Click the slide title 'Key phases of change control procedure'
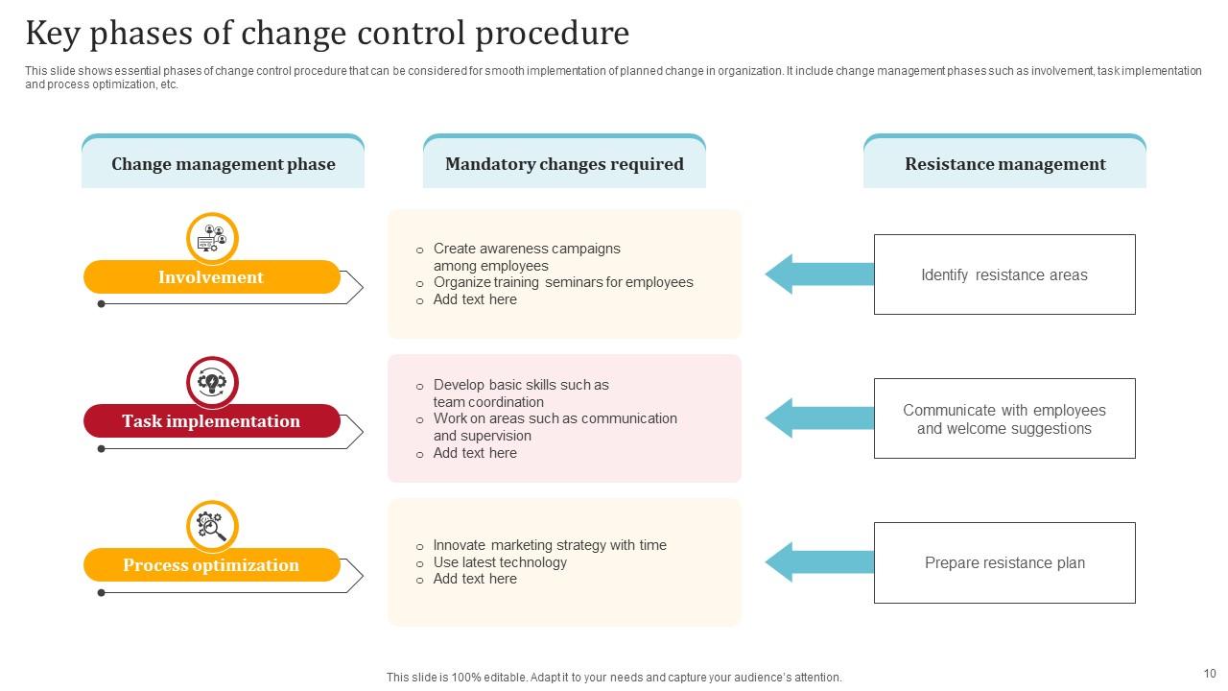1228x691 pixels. point(327,34)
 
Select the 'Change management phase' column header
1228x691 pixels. point(223,164)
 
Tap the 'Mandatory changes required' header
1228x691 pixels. point(564,164)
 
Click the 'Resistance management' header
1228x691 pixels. point(1004,164)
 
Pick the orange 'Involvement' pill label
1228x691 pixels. point(211,277)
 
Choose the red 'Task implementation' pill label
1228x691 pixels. point(211,421)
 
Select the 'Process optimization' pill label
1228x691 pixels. point(211,565)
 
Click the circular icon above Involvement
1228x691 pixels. point(212,238)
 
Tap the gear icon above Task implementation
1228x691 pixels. point(212,383)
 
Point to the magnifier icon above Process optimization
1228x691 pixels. point(212,526)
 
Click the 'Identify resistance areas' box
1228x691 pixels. point(1004,274)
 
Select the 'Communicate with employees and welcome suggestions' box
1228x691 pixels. point(1004,418)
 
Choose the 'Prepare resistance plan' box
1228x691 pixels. point(1004,562)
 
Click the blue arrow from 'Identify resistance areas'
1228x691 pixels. point(818,274)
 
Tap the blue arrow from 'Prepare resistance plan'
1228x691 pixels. point(818,562)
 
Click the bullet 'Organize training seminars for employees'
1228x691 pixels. point(562,282)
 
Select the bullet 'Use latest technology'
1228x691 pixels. point(500,562)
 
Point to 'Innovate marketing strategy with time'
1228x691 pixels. point(550,545)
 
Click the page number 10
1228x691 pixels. point(1209,674)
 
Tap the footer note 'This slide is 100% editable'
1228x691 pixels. point(614,677)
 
